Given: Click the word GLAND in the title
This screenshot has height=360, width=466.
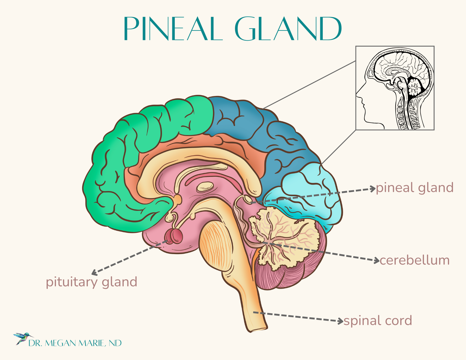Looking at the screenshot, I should coord(288,29).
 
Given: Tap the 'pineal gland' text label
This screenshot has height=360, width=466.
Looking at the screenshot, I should coord(415,188).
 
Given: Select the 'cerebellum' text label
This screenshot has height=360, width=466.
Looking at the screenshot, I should coord(415,260).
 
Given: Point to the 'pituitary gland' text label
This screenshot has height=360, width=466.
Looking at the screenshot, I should coord(92,282).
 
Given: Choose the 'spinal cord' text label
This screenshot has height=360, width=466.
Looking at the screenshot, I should coord(378,321).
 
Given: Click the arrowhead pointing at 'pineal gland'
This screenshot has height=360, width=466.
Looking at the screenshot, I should coord(373,189).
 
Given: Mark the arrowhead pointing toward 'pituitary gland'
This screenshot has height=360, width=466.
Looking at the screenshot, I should coord(94,273).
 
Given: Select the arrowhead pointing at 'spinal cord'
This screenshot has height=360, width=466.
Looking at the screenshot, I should coord(341,321).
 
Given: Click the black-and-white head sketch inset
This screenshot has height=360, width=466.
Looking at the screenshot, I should coord(395,88).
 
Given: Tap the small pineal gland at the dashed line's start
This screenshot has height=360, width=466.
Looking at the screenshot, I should coord(248,199).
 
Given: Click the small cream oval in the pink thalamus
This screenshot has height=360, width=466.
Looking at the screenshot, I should coord(205,186).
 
